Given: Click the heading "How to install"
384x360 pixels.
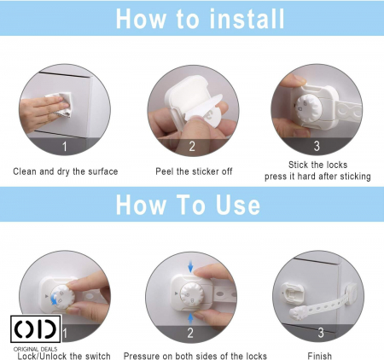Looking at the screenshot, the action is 200,19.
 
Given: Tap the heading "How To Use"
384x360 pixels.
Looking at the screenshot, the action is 188,205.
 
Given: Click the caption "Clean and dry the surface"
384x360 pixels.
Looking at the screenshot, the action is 66,171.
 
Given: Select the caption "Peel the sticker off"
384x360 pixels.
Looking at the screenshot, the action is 194,171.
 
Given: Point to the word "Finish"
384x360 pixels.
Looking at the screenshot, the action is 319,356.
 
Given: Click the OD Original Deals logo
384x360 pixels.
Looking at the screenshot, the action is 36,333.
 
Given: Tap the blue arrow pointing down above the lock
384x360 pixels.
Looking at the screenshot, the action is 190,267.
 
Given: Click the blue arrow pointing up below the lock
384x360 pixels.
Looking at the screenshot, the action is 190,319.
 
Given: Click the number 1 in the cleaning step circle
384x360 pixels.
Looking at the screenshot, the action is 65,147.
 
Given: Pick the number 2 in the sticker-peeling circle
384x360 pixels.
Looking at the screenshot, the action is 192,147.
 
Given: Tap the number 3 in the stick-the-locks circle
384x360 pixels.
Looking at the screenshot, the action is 317,146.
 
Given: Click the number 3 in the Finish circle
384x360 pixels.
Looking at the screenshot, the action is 321,333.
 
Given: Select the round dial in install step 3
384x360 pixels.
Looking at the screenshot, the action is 309,108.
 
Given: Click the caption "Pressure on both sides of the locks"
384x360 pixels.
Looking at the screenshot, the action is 195,356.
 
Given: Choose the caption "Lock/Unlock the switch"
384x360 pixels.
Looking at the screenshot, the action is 64,356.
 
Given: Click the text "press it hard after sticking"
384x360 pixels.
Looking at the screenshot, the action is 317,177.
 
